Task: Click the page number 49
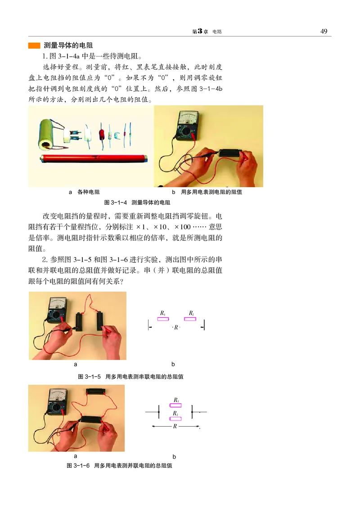click(x=323, y=31)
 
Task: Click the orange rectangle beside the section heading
click(x=34, y=46)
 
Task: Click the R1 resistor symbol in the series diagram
click(x=162, y=319)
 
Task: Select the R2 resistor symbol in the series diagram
click(x=190, y=319)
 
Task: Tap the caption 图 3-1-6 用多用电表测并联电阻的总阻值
click(x=119, y=465)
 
